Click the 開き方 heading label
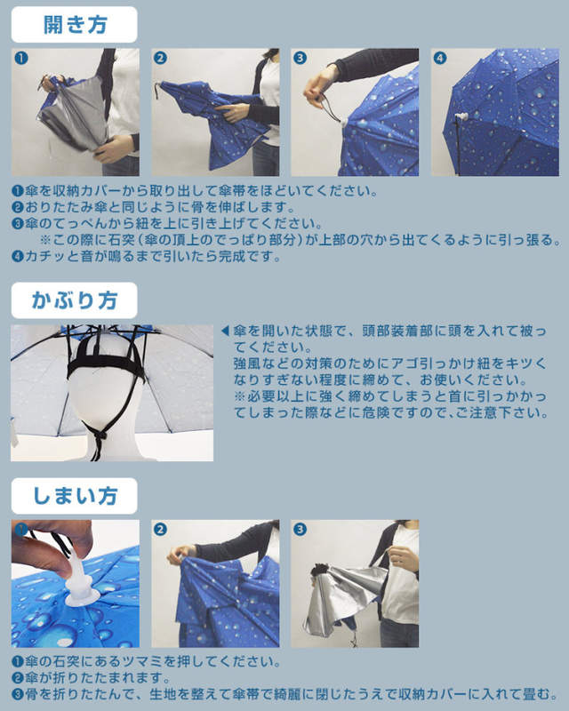(x=74, y=24)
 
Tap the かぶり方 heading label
(x=74, y=300)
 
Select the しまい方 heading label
(x=74, y=496)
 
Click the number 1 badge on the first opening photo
(x=20, y=58)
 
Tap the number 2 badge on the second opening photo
(x=160, y=58)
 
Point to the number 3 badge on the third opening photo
(x=300, y=58)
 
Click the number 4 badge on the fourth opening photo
(x=439, y=58)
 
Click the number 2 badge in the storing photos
(x=160, y=530)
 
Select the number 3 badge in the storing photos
(x=300, y=530)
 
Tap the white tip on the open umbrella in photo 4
(x=462, y=117)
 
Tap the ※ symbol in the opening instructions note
(x=46, y=241)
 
